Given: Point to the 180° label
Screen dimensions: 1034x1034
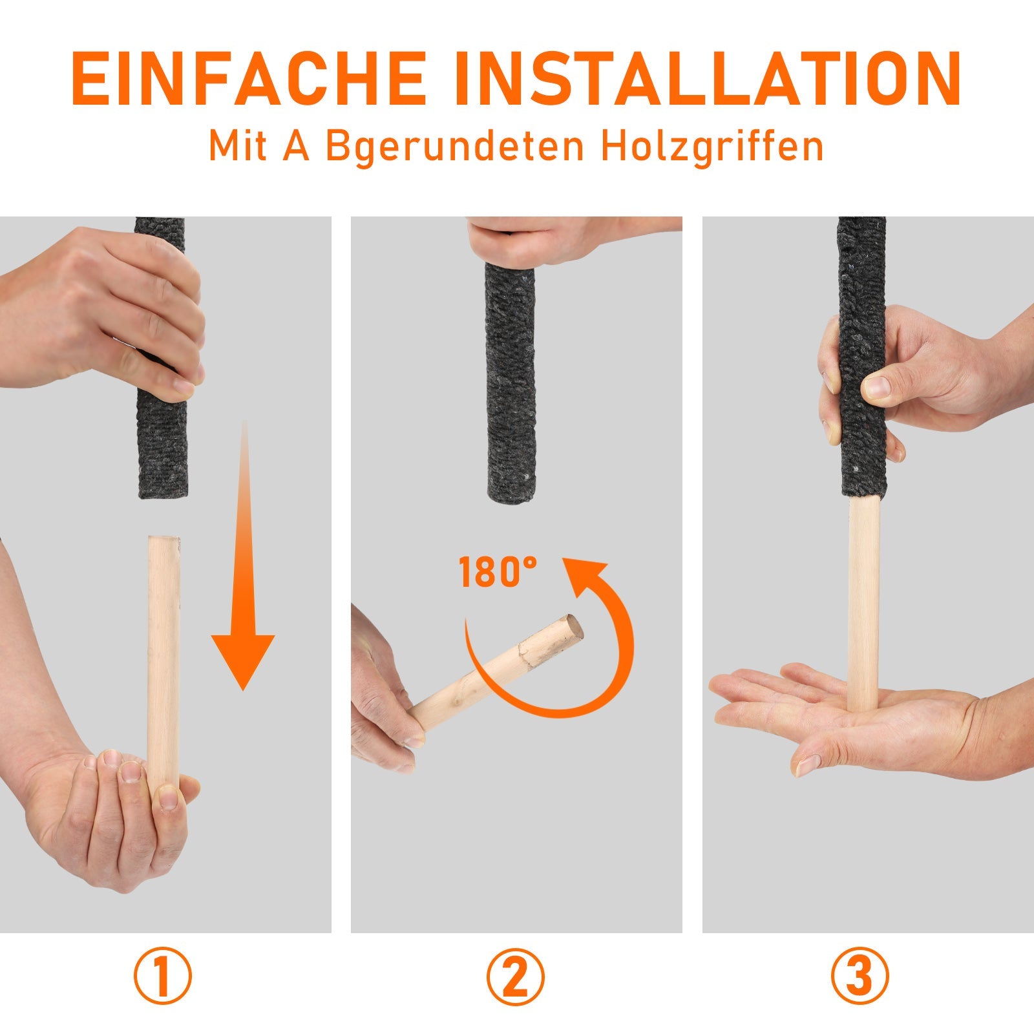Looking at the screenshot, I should pos(497,573).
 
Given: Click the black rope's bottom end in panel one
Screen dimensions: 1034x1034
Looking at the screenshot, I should pos(162,478).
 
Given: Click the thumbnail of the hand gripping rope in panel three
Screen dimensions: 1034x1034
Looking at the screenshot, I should pos(878,386).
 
